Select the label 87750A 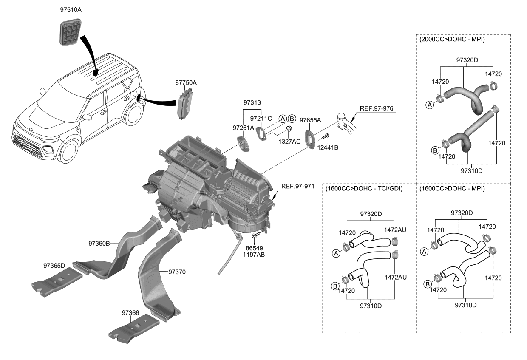coord(186,83)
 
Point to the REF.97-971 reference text coord(297,187)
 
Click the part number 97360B coord(99,244)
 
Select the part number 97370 coord(177,271)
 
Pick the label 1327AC coord(289,141)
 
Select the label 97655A coord(310,120)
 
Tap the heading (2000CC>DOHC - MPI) coord(452,39)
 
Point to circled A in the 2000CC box coord(430,105)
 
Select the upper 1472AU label coord(395,230)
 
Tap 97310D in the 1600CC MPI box coord(465,305)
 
